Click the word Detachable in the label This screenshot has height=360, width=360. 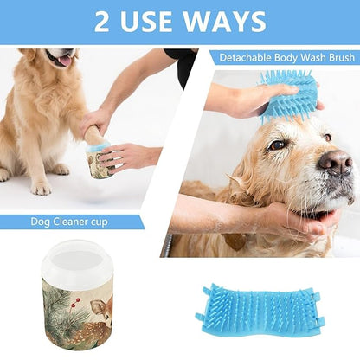point(243,59)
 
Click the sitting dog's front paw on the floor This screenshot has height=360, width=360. point(40,185)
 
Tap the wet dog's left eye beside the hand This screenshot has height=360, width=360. point(279,145)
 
